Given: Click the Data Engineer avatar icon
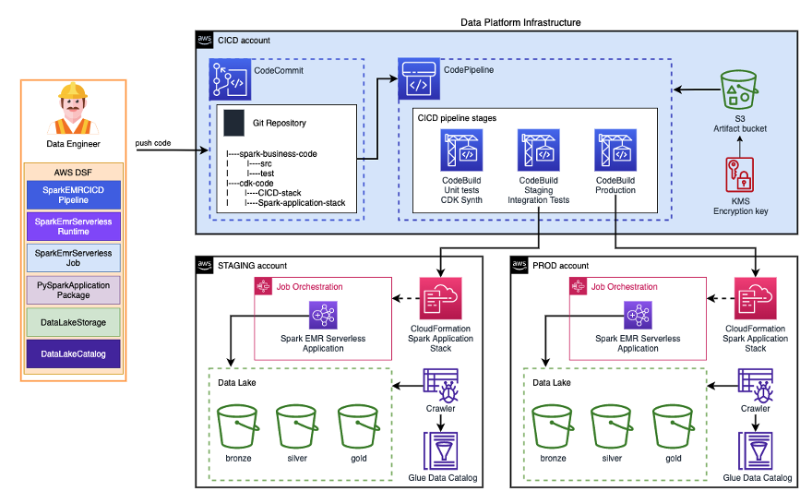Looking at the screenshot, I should (73, 109).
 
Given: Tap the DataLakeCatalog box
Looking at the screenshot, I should (73, 353).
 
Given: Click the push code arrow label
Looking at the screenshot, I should (156, 143).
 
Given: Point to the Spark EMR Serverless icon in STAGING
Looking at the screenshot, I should (323, 317).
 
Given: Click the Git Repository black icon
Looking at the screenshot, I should (235, 122).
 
